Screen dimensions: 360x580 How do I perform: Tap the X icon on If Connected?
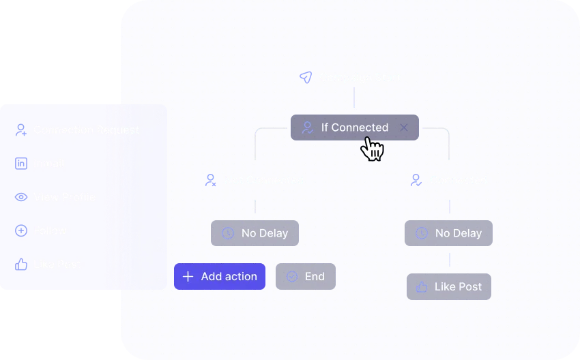[x=404, y=127]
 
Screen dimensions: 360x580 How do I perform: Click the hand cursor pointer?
[x=372, y=148]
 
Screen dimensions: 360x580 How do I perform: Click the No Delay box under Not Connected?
[x=255, y=233]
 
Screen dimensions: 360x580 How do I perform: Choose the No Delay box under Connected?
[x=448, y=233]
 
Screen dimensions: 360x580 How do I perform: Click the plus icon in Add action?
[x=188, y=277]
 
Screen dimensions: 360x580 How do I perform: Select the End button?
[x=306, y=276]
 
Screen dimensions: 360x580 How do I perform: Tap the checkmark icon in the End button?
[x=292, y=276]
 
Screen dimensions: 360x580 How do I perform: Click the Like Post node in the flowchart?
[x=449, y=287]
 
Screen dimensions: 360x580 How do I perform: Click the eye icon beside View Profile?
[x=21, y=197]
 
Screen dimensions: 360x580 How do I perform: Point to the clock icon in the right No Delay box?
[x=422, y=233]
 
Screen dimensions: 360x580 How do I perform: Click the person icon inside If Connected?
[x=308, y=127]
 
